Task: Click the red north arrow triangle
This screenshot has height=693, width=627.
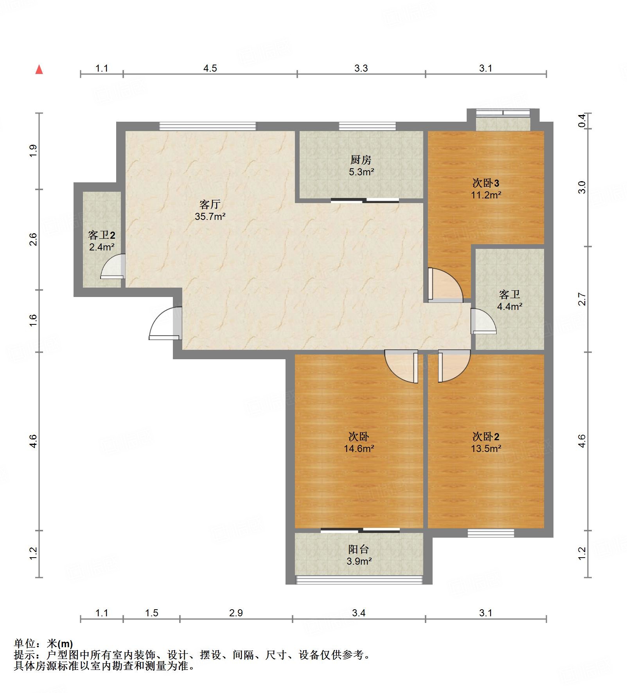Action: click(x=39, y=70)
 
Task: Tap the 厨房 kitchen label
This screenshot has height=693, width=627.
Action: click(x=361, y=160)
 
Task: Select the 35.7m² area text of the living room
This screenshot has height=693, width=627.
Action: click(x=210, y=216)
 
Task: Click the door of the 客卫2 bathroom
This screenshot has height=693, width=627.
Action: click(x=113, y=267)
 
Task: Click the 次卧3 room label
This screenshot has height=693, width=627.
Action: click(x=485, y=183)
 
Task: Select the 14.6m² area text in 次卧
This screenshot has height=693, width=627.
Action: click(x=359, y=448)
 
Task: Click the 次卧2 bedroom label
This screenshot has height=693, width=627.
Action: click(x=485, y=436)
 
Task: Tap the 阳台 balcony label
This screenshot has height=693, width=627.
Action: click(x=358, y=549)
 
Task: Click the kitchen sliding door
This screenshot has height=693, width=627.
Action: click(x=365, y=201)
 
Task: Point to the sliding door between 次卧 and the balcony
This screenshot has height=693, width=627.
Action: click(x=360, y=531)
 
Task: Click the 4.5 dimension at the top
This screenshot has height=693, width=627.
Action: click(x=210, y=68)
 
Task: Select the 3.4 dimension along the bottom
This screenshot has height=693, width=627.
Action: click(x=358, y=613)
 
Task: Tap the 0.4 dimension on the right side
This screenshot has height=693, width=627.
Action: click(x=582, y=121)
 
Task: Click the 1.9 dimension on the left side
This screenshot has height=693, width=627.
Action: click(x=33, y=151)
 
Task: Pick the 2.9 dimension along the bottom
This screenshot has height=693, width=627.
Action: click(x=236, y=613)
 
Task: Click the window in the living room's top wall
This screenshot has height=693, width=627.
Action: click(x=208, y=126)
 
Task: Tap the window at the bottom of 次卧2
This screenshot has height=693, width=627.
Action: click(x=491, y=533)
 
